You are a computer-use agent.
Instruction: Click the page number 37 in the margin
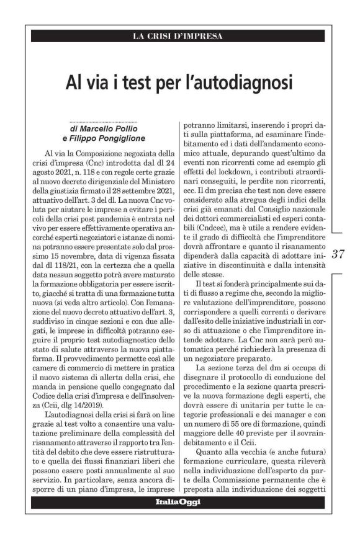point(339,254)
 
